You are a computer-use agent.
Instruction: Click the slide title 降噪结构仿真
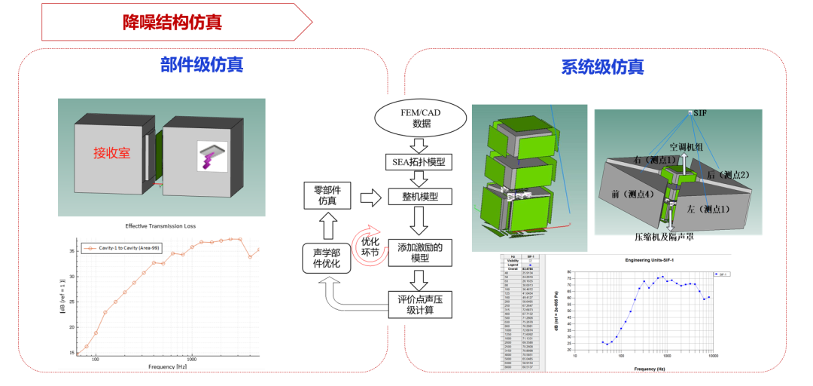[172, 22]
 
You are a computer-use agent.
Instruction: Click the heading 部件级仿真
[202, 65]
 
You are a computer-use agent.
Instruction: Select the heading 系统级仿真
[602, 67]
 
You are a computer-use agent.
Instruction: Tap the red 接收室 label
[111, 153]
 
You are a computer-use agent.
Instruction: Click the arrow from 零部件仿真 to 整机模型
[370, 198]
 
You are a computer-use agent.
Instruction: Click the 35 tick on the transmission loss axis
[72, 250]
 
